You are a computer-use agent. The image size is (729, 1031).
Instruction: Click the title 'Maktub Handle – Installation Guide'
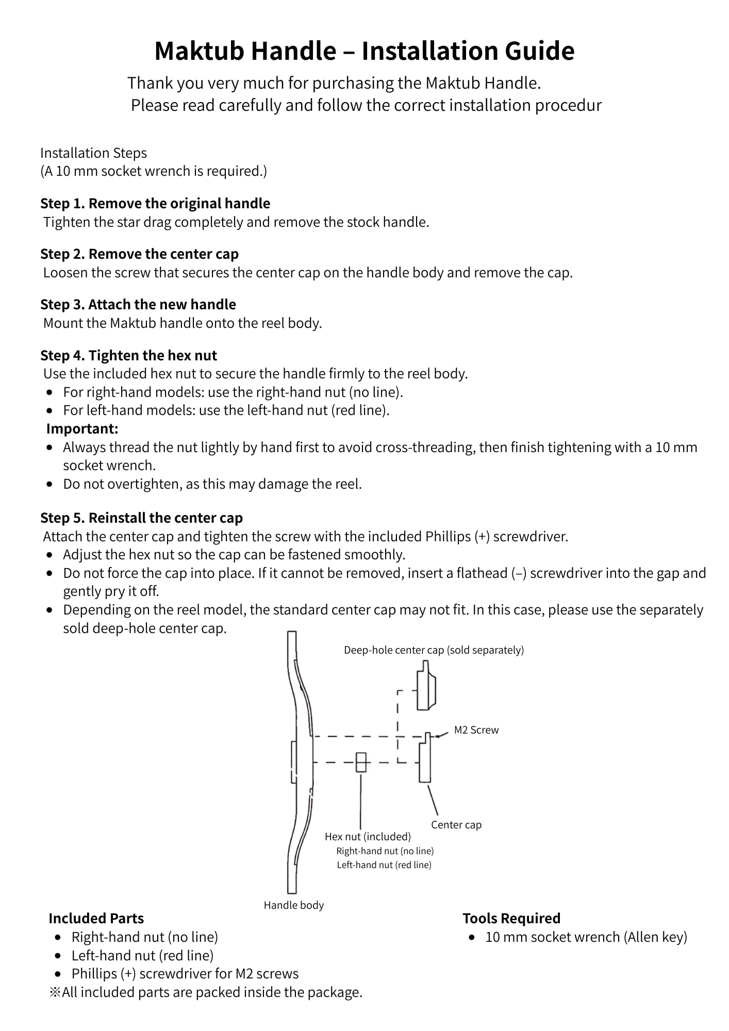[364, 51]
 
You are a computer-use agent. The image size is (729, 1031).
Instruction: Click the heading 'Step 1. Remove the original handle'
[155, 204]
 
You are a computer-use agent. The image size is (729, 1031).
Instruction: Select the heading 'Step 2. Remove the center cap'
[139, 254]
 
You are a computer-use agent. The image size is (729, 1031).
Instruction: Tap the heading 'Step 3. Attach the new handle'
[138, 305]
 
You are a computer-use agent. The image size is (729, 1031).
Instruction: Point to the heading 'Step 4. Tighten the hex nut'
[129, 356]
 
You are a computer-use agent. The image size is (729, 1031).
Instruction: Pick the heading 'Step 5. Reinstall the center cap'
[141, 518]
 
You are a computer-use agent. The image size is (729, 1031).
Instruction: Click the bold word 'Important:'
[82, 429]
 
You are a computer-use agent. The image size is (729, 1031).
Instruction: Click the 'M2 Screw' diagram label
[476, 730]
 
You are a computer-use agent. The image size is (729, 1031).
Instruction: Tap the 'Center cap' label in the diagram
[456, 825]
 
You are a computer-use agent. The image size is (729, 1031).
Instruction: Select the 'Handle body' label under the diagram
[293, 905]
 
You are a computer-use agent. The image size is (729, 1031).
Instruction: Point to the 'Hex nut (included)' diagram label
[368, 837]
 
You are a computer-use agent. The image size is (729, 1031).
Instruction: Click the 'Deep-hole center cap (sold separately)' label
[434, 650]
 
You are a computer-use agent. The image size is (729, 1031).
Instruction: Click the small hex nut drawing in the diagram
[361, 762]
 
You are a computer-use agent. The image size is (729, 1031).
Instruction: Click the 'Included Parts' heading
[96, 918]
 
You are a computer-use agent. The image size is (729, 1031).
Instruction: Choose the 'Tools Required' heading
[511, 918]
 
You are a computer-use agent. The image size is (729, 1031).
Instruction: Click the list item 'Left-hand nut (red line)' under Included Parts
[142, 955]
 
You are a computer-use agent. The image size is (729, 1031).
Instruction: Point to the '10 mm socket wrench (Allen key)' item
[586, 937]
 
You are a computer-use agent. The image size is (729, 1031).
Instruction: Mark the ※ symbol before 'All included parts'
[55, 992]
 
